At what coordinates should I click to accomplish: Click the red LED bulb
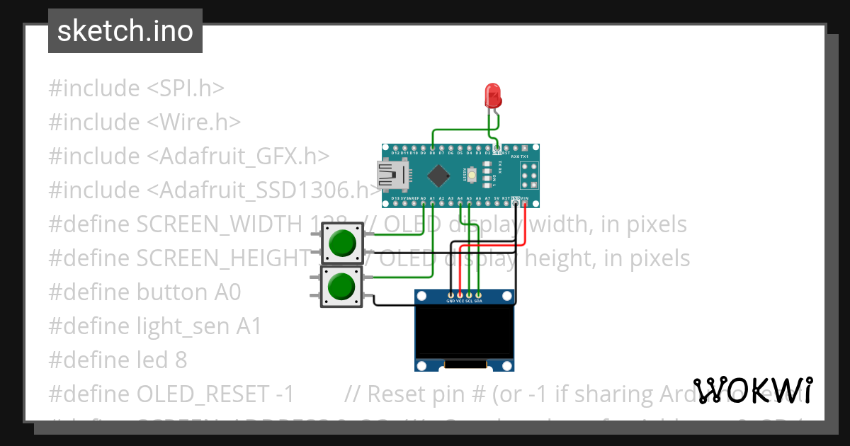pyautogui.click(x=492, y=95)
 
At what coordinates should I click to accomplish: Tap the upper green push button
pyautogui.click(x=343, y=243)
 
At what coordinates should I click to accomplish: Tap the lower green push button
pyautogui.click(x=341, y=287)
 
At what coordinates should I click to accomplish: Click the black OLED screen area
pyautogui.click(x=464, y=331)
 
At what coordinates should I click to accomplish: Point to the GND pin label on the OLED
pyautogui.click(x=450, y=301)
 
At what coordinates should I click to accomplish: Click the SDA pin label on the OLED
pyautogui.click(x=479, y=301)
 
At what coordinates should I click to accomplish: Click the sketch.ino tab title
pyautogui.click(x=125, y=31)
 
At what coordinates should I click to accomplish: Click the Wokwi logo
pyautogui.click(x=753, y=391)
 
